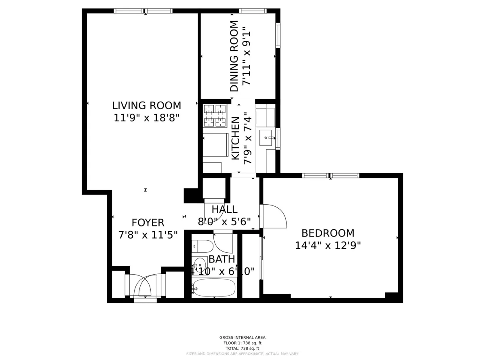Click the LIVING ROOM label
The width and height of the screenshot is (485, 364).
click(146, 106)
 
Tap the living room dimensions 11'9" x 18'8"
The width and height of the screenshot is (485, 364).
click(146, 118)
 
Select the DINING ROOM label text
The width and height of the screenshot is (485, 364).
click(234, 56)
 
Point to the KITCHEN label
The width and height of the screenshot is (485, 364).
click(236, 138)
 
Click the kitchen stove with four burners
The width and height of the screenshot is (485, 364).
click(215, 115)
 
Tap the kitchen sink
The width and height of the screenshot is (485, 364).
click(266, 138)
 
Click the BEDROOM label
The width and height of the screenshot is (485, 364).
click(328, 233)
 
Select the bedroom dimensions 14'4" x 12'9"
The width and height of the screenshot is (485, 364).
click(328, 245)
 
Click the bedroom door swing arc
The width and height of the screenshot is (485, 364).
click(275, 216)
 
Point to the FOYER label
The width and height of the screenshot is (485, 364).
click(148, 223)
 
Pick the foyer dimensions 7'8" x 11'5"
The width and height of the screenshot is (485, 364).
click(148, 235)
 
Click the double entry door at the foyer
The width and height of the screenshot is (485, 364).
click(145, 286)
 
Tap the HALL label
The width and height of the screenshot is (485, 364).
click(224, 210)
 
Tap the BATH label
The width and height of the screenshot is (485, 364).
click(222, 259)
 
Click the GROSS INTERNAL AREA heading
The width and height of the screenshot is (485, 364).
click(242, 337)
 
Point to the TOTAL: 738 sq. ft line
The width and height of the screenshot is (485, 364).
click(242, 348)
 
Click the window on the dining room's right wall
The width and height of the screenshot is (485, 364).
click(278, 36)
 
